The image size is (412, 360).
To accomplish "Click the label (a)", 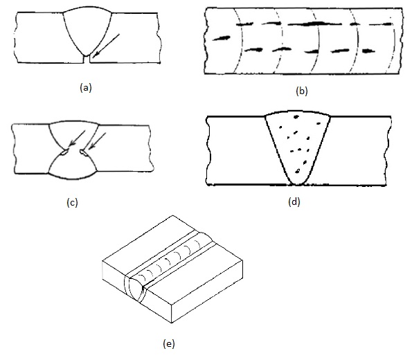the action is click(x=86, y=87).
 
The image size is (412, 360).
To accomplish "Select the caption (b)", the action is click(x=301, y=91).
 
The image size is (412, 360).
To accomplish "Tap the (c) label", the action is click(x=72, y=203).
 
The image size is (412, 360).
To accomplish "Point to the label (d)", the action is click(x=294, y=202).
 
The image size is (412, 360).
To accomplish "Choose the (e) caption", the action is click(x=169, y=343).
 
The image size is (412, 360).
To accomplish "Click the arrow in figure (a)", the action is click(x=106, y=45).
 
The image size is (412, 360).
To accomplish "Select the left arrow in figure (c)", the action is click(x=77, y=138).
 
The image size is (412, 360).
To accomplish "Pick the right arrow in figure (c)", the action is click(x=97, y=141).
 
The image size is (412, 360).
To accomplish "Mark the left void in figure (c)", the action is click(x=64, y=152).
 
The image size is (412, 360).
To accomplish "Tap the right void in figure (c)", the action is click(x=84, y=152).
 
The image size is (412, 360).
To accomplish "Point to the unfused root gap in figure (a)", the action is click(x=87, y=59).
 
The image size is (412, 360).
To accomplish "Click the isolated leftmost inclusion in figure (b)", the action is click(x=222, y=38).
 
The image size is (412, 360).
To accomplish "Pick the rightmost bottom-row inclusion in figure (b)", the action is click(x=368, y=51).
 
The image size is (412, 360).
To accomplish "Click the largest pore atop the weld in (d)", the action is click(x=296, y=117).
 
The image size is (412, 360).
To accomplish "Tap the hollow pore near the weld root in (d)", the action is click(x=298, y=172).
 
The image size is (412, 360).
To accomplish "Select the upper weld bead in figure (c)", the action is click(x=74, y=134).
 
